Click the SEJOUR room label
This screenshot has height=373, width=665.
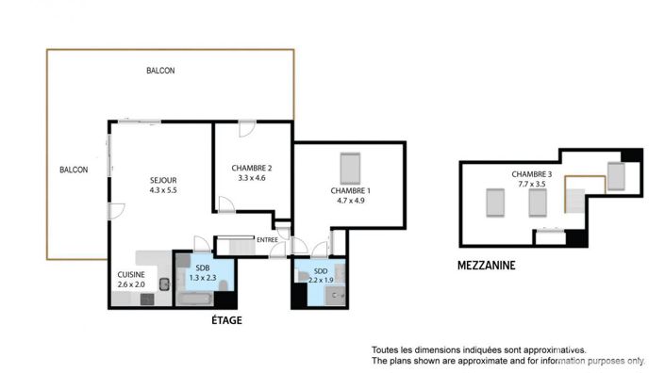163,180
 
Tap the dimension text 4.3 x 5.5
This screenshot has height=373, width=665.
163,190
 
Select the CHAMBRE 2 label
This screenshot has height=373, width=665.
252,168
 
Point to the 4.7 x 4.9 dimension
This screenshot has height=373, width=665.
350,201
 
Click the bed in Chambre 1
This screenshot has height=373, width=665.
349,168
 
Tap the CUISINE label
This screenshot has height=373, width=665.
130,274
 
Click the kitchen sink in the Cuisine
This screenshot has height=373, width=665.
163,284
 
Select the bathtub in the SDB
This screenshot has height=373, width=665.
195,300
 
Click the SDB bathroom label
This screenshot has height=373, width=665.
203,268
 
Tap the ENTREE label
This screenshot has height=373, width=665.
268,240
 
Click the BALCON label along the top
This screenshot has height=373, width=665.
159,71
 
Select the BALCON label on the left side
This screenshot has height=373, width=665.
74,170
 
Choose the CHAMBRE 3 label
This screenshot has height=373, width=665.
532,174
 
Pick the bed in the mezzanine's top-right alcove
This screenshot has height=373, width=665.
616,176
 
